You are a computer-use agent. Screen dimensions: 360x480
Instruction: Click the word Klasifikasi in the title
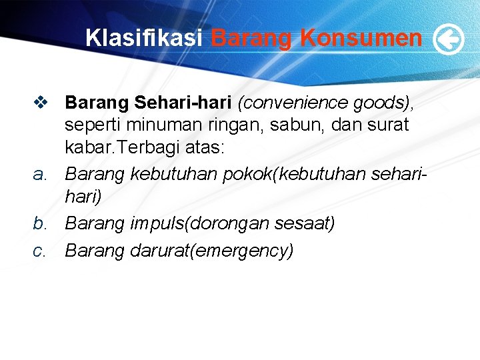pyautogui.click(x=143, y=38)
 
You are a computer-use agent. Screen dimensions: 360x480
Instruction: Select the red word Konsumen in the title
pyautogui.click(x=361, y=38)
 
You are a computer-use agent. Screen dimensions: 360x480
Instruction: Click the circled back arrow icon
pyautogui.click(x=448, y=40)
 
